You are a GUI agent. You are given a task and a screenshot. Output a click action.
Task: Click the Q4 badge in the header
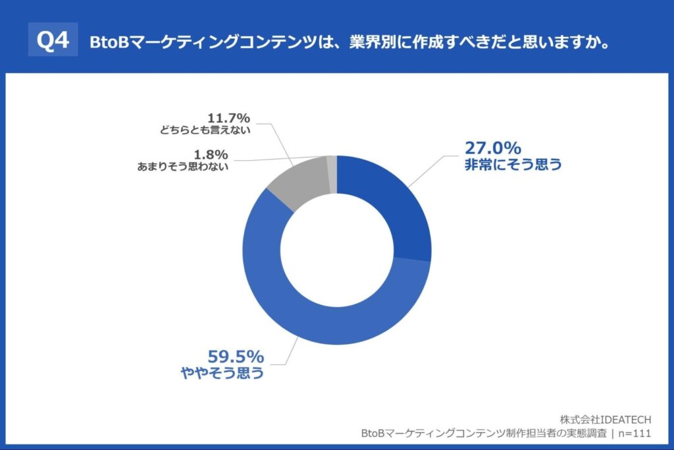pyautogui.click(x=53, y=41)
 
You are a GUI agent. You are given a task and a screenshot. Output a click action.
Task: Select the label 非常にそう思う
pyautogui.click(x=513, y=165)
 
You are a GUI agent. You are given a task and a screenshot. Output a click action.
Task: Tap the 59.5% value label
pyautogui.click(x=236, y=357)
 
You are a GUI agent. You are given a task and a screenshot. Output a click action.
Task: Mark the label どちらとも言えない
pyautogui.click(x=205, y=130)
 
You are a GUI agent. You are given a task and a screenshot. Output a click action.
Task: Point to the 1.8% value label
pyautogui.click(x=212, y=154)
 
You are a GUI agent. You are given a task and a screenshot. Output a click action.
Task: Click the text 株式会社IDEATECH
pyautogui.click(x=606, y=419)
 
